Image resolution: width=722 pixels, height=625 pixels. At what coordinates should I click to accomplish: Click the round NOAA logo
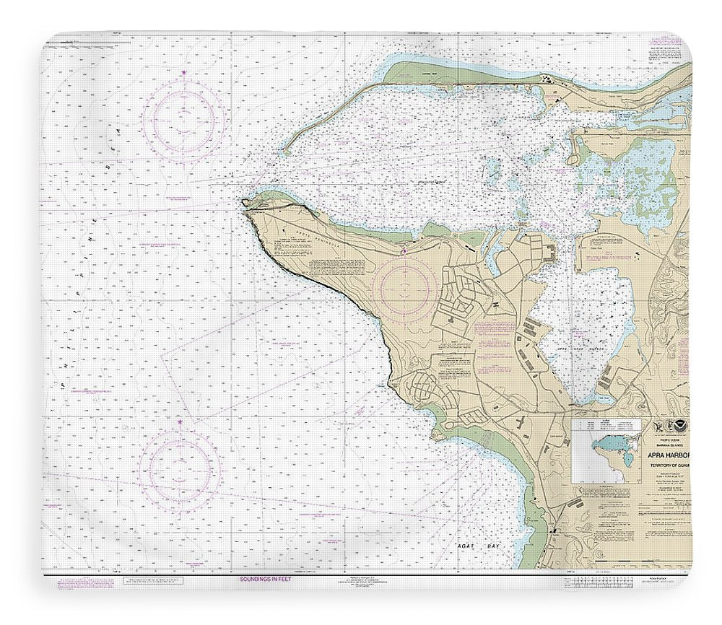point(676,427)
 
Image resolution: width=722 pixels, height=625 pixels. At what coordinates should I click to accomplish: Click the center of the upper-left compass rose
point(183,117)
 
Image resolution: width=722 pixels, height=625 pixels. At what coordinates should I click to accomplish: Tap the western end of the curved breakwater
point(284,152)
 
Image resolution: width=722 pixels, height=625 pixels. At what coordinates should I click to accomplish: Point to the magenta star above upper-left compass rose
point(183,74)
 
